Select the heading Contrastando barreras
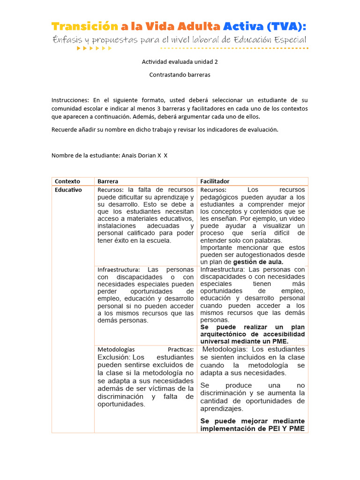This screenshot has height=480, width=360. coord(180,75)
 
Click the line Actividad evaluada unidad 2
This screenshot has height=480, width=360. coord(180,62)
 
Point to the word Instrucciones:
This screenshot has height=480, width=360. coord(70,100)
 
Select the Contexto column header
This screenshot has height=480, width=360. coord(67,181)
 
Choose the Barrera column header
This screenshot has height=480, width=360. coord(108,181)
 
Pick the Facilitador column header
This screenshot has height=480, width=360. coord(215,181)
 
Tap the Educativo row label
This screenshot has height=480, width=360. coord(68,190)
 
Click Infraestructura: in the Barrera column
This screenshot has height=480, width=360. coord(119,270)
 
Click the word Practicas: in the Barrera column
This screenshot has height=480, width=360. coord(180,350)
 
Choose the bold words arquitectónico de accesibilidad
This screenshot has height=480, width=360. coord(253,334)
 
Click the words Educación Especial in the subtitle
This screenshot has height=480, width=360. coord(269,40)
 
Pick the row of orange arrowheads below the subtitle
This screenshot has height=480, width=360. coord(94,48)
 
